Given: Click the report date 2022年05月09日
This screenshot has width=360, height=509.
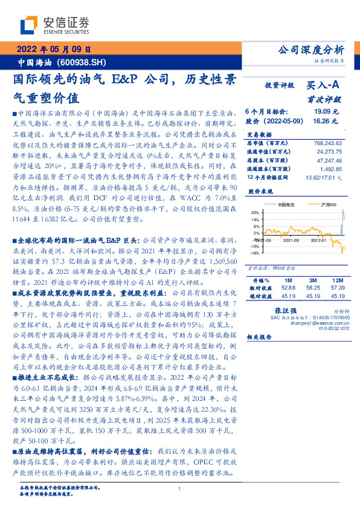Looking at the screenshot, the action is coord(54,50).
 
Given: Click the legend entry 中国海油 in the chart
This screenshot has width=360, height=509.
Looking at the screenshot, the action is coord(286,206).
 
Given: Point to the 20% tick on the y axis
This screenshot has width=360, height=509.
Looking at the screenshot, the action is coord(256,212).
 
